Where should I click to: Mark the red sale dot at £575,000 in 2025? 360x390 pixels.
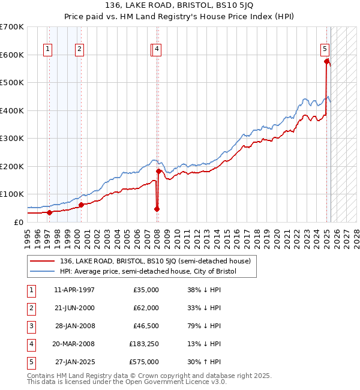click(x=326, y=61)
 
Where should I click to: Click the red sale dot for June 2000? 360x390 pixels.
click(x=81, y=205)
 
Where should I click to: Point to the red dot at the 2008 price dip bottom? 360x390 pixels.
click(x=157, y=209)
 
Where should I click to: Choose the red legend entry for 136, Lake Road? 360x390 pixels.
click(x=158, y=261)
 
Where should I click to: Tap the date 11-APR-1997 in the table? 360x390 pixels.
click(x=74, y=290)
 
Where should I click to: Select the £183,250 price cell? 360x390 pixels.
click(x=144, y=344)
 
